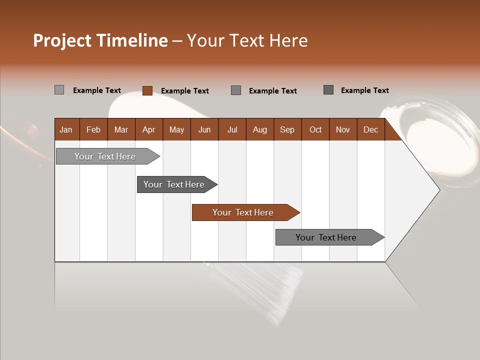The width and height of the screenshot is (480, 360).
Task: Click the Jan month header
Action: pyautogui.click(x=66, y=129)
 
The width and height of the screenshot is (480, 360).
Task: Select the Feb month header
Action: pyautogui.click(x=93, y=129)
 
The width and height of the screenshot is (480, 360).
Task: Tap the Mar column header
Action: pyautogui.click(x=121, y=129)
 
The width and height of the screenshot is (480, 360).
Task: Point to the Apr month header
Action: pyautogui.click(x=149, y=129)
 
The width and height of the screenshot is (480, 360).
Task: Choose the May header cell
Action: pyautogui.click(x=176, y=129)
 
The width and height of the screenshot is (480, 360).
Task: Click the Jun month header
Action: pyautogui.click(x=204, y=129)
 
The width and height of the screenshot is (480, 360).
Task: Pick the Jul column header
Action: pyautogui.click(x=232, y=129)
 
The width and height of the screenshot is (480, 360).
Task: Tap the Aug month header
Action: pyautogui.click(x=260, y=129)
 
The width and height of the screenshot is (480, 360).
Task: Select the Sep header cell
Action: pyautogui.click(x=287, y=129)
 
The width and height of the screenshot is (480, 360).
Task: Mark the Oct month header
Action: pyautogui.click(x=315, y=129)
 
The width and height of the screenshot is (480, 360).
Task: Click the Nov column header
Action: pyautogui.click(x=343, y=129)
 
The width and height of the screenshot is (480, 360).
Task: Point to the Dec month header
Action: pyautogui.click(x=371, y=129)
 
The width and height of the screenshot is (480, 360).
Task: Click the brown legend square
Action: pyautogui.click(x=147, y=90)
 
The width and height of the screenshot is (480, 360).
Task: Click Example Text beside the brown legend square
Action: pyautogui.click(x=185, y=91)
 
